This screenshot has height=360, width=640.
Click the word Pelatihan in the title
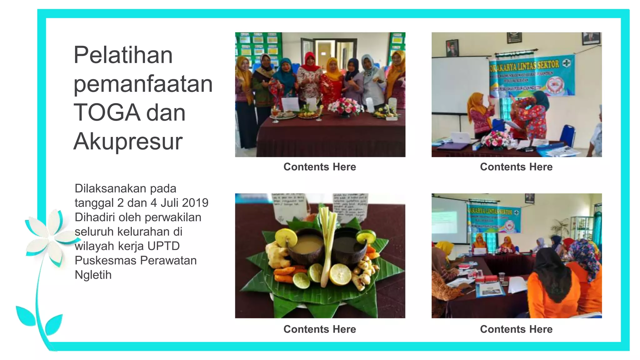[x=123, y=55]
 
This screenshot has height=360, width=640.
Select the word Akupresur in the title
[x=128, y=142]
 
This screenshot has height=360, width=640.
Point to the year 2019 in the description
[x=195, y=203]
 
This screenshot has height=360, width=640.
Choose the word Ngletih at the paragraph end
[x=93, y=275]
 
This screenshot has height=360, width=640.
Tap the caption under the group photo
[x=319, y=167]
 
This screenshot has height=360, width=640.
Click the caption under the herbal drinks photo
[x=319, y=329]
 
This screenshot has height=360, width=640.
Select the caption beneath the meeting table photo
[x=516, y=329]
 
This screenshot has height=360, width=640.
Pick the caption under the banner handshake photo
[x=516, y=167]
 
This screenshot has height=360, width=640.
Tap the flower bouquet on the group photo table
[x=345, y=106]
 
